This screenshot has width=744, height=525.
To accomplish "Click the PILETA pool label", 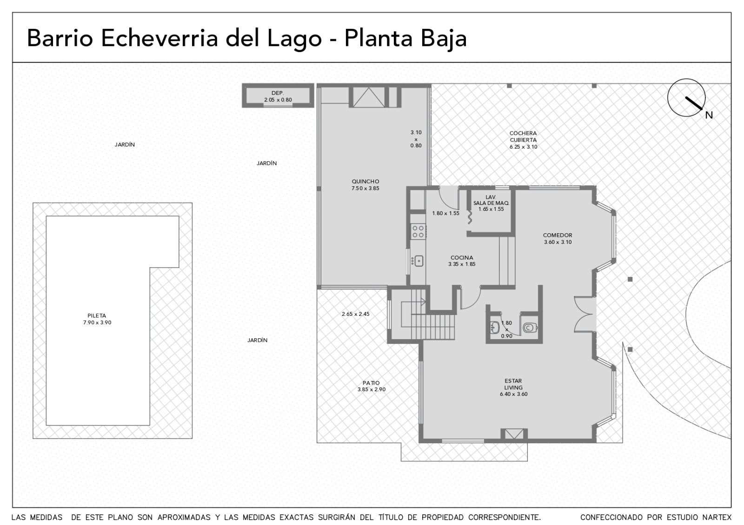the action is tap(97, 315).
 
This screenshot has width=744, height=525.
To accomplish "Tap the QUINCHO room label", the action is tap(365, 182).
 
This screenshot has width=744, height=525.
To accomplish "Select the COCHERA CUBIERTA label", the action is tap(523, 137).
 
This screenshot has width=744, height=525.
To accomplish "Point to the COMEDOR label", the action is tap(558, 235).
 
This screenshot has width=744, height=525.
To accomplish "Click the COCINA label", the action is tap(462, 257).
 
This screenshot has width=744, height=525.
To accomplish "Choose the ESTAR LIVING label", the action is tap(513, 384).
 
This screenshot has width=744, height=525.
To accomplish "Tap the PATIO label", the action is tap(371, 383).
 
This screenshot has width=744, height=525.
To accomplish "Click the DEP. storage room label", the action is tap(278, 93).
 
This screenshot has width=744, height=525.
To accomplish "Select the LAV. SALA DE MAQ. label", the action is tap(491, 200).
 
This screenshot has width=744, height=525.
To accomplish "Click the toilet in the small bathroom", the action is tap(530, 328).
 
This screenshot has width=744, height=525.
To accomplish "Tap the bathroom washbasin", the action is tap(495, 328).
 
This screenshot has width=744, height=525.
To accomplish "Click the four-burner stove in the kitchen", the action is tap(418, 232).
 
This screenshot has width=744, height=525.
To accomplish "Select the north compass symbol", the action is tap(686, 98).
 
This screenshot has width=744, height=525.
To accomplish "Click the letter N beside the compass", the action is tap(709, 115).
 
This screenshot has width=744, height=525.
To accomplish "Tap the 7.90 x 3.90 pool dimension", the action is tap(97, 322).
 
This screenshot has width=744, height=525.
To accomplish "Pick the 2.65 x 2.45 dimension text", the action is tap(355, 314).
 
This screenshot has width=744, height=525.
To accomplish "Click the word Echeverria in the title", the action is tap(159, 38).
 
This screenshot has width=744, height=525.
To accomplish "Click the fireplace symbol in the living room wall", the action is tap(514, 434).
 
